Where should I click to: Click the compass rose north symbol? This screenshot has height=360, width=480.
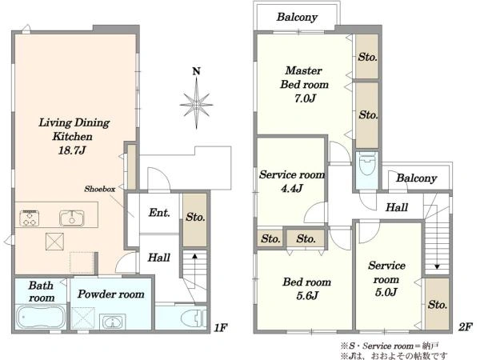(196, 101)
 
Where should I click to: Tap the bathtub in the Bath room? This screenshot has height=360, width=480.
(41, 317)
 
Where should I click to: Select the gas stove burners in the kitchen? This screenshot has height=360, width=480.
(30, 218)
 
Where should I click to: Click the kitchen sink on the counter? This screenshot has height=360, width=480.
(72, 218)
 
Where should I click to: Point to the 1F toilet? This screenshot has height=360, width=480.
(194, 318)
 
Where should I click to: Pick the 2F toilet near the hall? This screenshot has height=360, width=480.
(367, 164)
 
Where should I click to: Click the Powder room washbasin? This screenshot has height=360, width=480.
(113, 322)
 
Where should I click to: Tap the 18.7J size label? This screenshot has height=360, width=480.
(72, 150)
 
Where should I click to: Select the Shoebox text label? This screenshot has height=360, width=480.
(100, 189)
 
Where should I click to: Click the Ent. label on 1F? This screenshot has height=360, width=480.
(159, 213)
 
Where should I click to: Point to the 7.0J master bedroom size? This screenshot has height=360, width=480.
(305, 98)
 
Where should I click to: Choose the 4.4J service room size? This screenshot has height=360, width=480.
(292, 188)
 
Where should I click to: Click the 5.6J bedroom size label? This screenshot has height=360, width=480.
(307, 295)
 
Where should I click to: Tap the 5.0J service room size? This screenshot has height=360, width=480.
(386, 292)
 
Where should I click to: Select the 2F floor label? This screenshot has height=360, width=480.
(466, 327)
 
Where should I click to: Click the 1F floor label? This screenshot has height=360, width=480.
(220, 328)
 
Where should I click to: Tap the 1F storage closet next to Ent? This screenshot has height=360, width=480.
(194, 220)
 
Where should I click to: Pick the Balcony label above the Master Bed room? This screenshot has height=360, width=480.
(297, 17)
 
